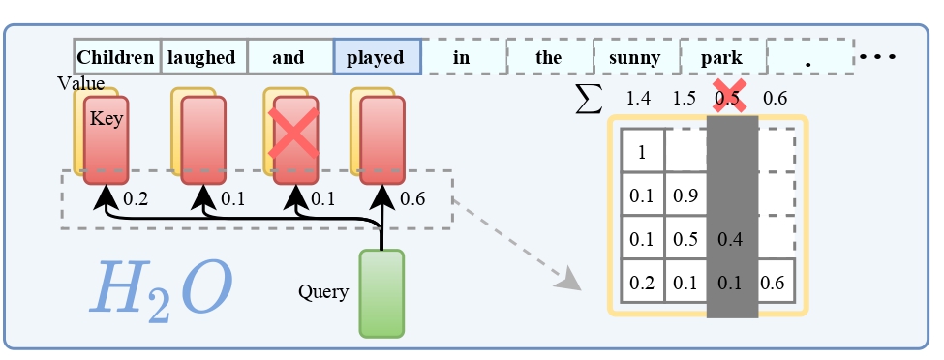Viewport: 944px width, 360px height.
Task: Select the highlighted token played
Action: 377,56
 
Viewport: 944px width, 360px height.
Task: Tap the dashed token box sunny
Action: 636,56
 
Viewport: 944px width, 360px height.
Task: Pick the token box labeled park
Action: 723,56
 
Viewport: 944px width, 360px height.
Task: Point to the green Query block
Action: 381,294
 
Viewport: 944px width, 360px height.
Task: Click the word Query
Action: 323,292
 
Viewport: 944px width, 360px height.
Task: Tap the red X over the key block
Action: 293,133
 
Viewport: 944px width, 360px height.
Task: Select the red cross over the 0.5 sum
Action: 730,97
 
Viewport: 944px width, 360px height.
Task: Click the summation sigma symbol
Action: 589,98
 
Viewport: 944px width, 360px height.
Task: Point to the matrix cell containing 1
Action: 643,151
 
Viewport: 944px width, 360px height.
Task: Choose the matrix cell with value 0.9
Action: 686,195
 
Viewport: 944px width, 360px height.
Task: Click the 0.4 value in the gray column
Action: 730,239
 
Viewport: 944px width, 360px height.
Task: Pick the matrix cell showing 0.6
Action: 773,282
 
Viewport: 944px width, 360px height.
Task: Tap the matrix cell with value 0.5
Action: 686,238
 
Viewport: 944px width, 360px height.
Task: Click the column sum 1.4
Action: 638,98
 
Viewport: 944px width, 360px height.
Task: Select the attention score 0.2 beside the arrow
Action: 136,198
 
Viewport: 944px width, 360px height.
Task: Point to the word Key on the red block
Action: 106,119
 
